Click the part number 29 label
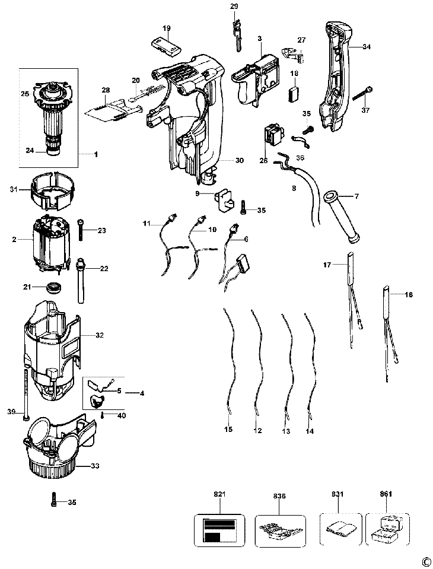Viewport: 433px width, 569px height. click(234, 7)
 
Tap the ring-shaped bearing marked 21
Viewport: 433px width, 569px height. click(55, 289)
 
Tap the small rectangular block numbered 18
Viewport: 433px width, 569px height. click(294, 94)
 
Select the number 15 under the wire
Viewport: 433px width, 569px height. click(228, 429)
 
